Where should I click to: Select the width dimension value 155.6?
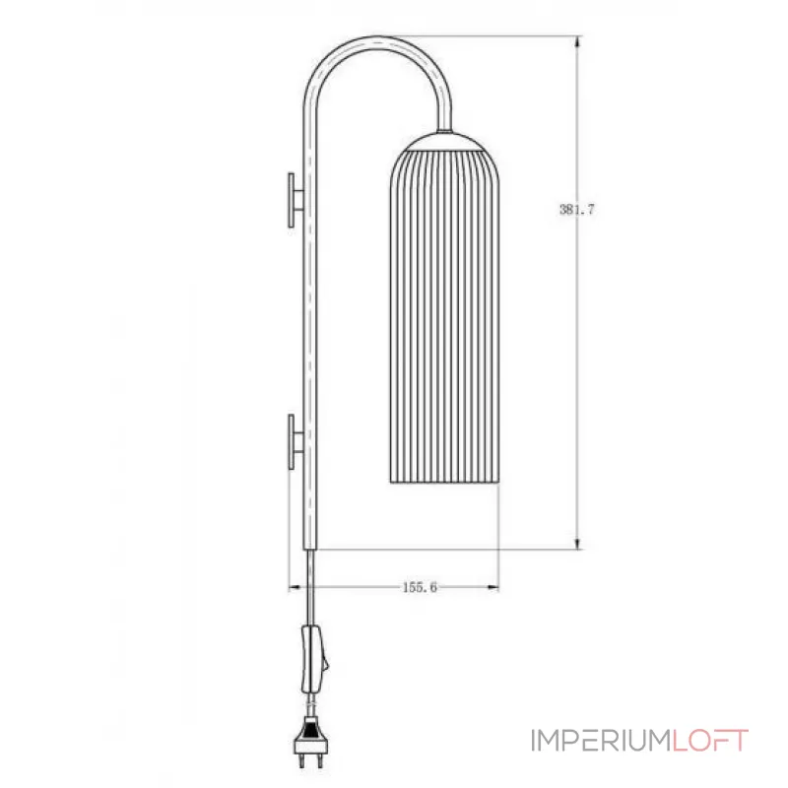419,587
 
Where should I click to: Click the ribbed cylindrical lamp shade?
443,315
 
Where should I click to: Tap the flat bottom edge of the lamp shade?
443,483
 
